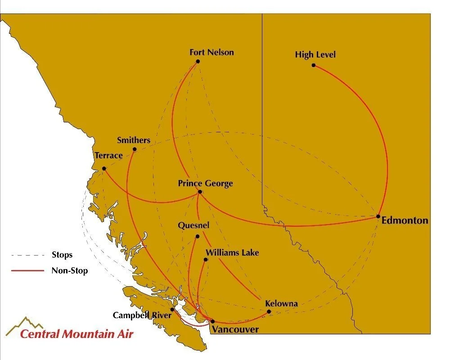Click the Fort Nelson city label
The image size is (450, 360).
point(211,52)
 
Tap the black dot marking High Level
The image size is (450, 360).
point(314,65)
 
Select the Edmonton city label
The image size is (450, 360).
point(405,220)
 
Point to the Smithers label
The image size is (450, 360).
point(133,140)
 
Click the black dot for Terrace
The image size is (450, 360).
point(104,169)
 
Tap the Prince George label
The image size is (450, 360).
point(205,183)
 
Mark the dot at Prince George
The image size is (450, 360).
point(200,192)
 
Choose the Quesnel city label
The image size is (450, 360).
point(193,225)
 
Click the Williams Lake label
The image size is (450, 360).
point(232,252)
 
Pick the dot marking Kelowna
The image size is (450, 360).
point(269,312)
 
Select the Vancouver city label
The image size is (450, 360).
point(235,330)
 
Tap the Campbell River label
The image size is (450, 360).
point(142,315)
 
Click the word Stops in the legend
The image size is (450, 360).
point(62,255)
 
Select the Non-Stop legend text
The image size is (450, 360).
point(69,270)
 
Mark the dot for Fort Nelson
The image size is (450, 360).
point(198,61)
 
